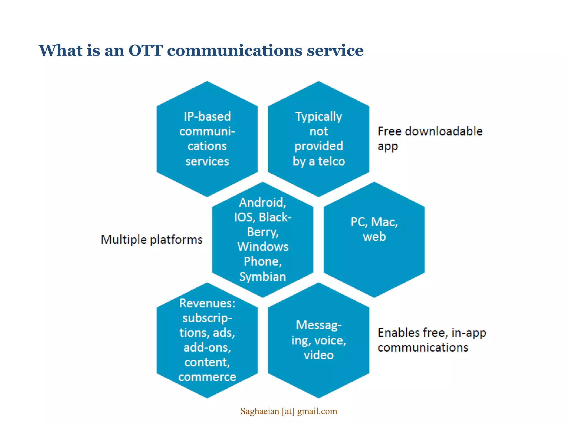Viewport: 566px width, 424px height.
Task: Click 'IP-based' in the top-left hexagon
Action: coord(207,116)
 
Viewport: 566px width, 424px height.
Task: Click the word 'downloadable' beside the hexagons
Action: coord(444,131)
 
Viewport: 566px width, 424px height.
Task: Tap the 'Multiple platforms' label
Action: coord(151,239)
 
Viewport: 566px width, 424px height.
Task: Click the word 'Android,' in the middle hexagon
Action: coord(263,202)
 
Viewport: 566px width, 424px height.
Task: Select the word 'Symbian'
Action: coord(263,277)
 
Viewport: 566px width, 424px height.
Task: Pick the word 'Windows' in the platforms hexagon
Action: coord(263,247)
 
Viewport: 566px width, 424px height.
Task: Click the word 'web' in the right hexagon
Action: coord(374,237)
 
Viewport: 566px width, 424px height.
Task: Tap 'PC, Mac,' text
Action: coord(374,222)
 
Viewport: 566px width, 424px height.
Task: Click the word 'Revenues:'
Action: coord(207,303)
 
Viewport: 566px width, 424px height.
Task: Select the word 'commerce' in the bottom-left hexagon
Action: coord(207,377)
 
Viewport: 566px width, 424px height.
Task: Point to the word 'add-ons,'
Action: coord(207,347)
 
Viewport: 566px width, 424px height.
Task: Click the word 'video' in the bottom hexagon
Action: coord(319,355)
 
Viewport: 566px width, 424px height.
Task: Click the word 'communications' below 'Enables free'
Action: coord(423,348)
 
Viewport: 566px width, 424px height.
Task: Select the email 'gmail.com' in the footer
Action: coord(317,411)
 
